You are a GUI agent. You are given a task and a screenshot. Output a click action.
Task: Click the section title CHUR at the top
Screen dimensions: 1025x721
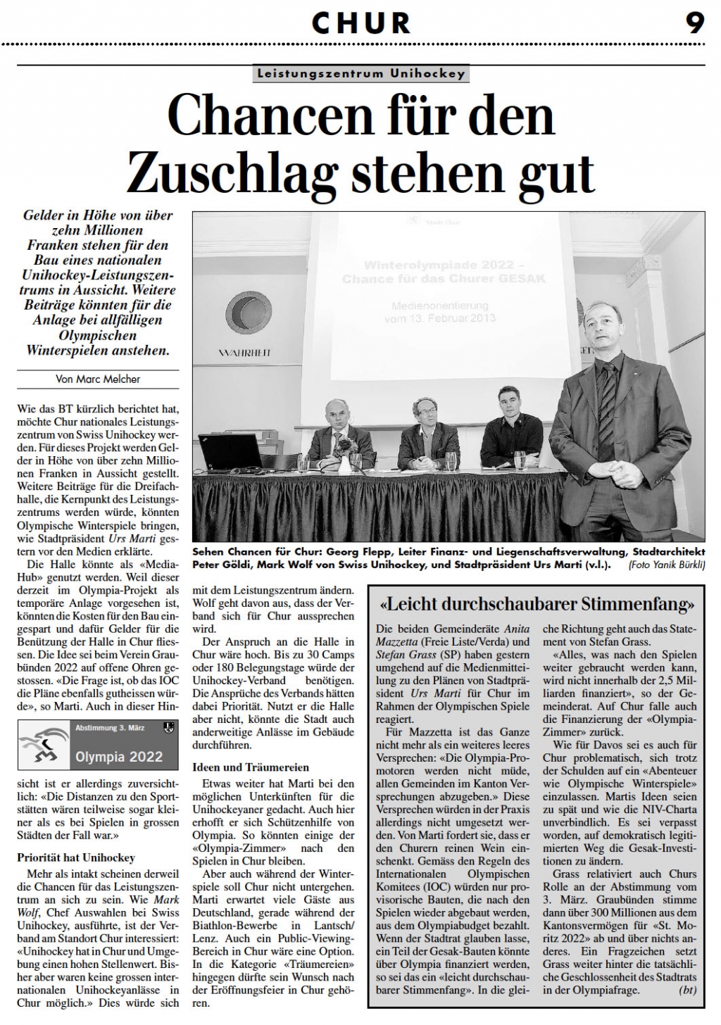360,23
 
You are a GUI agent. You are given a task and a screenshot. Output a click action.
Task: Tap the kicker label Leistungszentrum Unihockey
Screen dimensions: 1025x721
360,73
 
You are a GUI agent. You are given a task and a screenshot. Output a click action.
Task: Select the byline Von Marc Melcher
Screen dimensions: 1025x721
98,379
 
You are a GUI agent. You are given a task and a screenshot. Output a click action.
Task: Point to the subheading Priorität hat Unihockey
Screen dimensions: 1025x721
76,857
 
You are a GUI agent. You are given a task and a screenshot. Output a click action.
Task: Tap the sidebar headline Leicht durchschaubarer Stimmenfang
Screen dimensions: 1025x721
537,604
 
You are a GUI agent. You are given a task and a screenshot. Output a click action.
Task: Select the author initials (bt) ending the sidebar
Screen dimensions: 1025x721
685,990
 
